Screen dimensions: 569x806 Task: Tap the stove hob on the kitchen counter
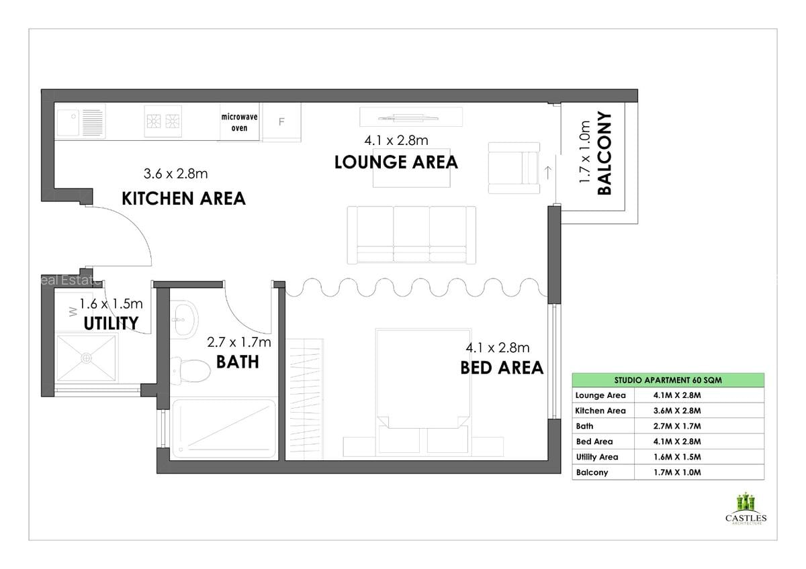pos(163,121)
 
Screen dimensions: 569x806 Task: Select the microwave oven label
pos(239,122)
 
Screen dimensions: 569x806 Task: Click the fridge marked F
pos(281,121)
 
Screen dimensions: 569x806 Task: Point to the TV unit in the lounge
pos(411,117)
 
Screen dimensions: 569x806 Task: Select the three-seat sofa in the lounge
pos(411,234)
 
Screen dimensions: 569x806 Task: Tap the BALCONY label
pos(604,153)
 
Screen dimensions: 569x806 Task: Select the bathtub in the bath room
pos(224,429)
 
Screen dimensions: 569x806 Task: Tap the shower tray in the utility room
pos(86,358)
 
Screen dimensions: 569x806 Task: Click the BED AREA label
pos(501,368)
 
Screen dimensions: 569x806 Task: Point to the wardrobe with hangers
pos(306,399)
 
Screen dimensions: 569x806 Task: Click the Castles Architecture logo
pos(746,510)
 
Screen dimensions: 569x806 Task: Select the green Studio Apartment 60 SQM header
pos(668,380)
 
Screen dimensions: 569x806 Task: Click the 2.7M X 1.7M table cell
pos(677,426)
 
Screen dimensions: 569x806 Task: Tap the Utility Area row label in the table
pos(596,457)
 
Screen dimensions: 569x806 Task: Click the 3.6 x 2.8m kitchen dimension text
pos(175,174)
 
